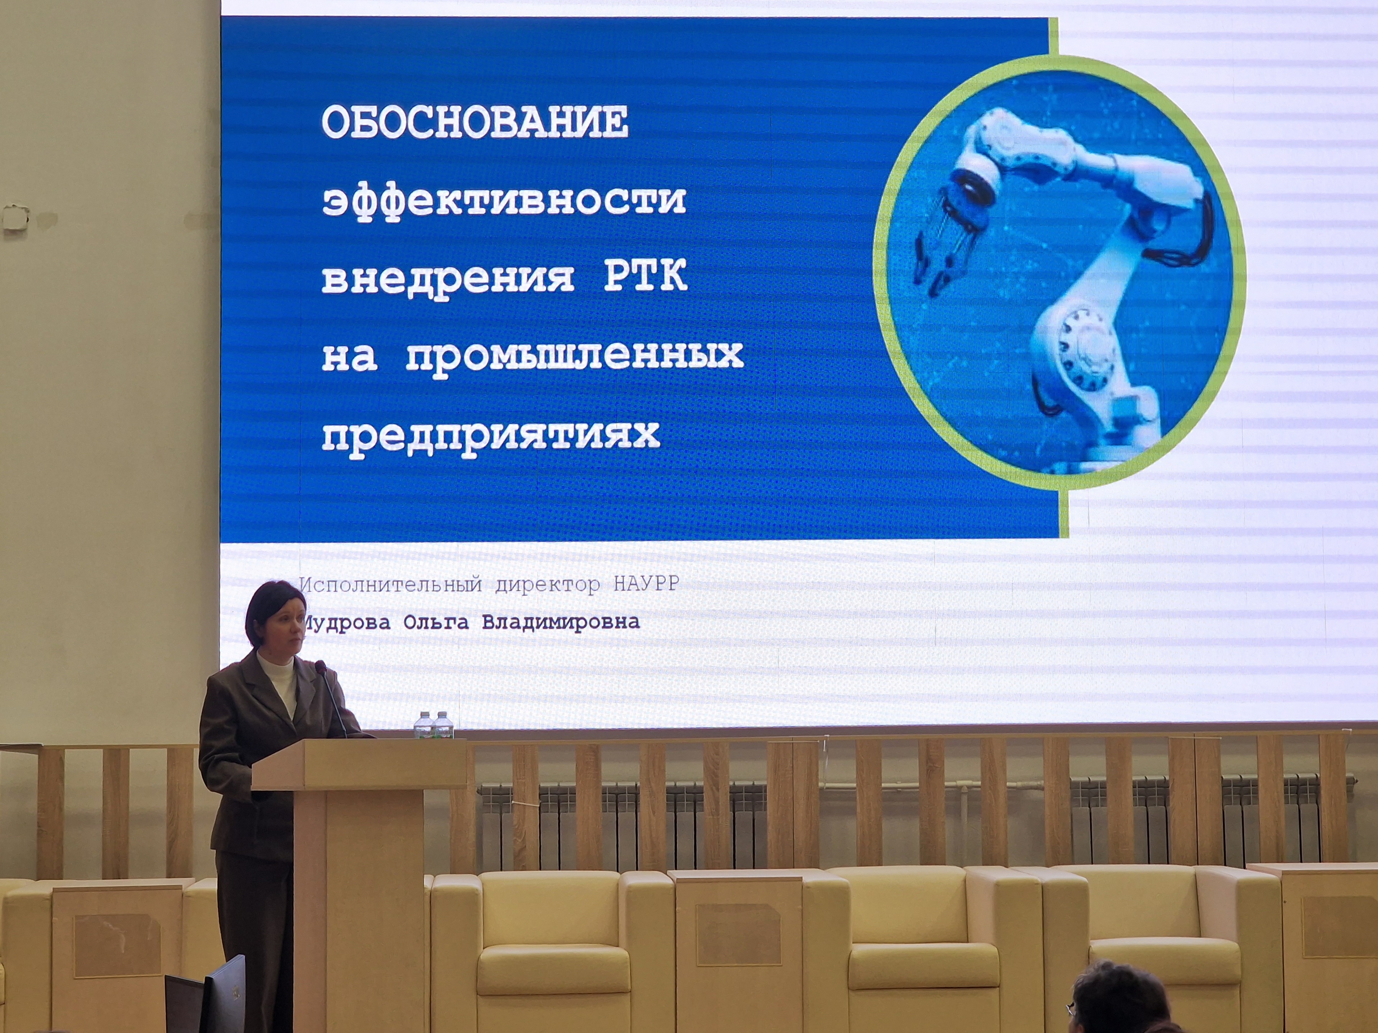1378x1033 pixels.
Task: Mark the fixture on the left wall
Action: (x=15, y=216)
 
